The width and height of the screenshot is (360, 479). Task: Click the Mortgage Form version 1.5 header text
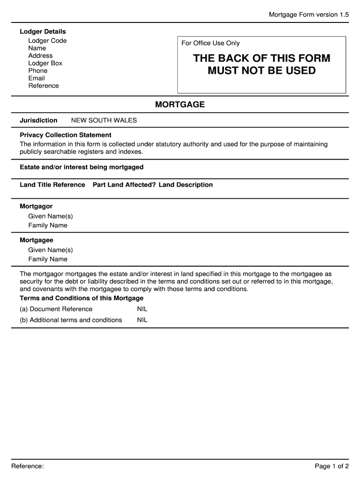[309, 15]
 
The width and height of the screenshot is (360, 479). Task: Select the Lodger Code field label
[47, 41]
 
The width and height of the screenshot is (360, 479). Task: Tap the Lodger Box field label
[45, 63]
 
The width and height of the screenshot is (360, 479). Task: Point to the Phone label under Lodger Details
[38, 71]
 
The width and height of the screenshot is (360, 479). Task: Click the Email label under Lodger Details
[36, 78]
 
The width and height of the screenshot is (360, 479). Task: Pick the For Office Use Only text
[210, 43]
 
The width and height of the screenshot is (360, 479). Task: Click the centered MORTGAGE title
[180, 104]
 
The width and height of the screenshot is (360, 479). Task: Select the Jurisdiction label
[38, 120]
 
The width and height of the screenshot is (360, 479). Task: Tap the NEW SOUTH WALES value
[104, 120]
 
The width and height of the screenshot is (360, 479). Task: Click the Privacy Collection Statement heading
[65, 135]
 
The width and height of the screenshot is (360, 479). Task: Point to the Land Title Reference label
[52, 185]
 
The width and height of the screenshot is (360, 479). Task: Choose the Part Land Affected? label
[124, 185]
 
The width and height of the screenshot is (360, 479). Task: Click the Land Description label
[186, 185]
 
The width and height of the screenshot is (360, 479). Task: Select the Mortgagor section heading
[36, 206]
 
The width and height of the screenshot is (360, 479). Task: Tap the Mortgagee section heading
[36, 240]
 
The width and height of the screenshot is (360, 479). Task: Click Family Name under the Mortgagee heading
[48, 259]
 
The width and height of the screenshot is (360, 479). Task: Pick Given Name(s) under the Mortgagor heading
[50, 216]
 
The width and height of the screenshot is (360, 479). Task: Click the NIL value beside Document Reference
[142, 309]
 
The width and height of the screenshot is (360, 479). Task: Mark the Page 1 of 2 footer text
[331, 466]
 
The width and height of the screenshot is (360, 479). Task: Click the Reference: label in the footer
[28, 466]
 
